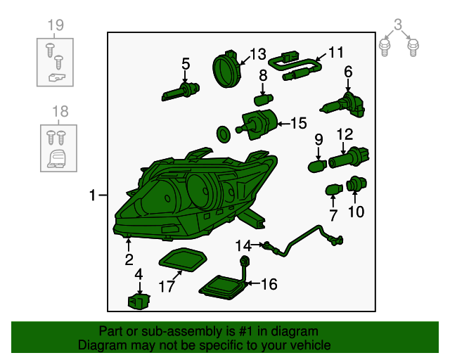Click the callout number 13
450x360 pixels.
click(x=258, y=54)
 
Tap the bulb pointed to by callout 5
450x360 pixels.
click(x=180, y=91)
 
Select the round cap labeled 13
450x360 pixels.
click(x=227, y=69)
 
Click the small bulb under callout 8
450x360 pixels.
click(x=263, y=100)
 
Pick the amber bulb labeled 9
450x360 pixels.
click(x=317, y=166)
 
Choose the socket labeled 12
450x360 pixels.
click(x=349, y=157)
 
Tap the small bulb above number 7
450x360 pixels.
click(x=334, y=190)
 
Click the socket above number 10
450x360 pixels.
click(x=356, y=184)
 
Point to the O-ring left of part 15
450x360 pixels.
click(x=224, y=134)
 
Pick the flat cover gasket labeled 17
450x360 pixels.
click(x=183, y=260)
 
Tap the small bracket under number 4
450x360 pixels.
click(x=139, y=302)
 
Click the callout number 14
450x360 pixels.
click(x=243, y=246)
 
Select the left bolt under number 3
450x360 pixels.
click(x=385, y=48)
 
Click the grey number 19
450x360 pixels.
click(x=56, y=25)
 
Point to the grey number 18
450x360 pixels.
click(x=60, y=111)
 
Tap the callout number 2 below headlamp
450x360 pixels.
click(x=129, y=260)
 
